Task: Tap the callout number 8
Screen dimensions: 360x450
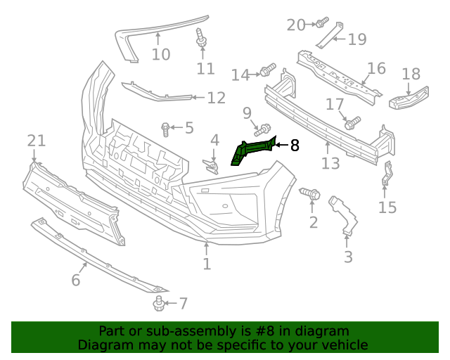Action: (x=295, y=146)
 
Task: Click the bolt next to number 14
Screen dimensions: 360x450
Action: (x=268, y=70)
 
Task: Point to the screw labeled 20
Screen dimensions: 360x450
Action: (x=322, y=23)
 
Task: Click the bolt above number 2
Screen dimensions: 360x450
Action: (x=311, y=192)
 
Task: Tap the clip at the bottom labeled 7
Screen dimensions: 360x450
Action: (x=159, y=304)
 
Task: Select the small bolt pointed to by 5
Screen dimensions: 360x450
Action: (x=166, y=128)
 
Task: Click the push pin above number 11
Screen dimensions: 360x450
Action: (x=202, y=39)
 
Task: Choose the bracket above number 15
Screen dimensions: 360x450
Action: (x=387, y=174)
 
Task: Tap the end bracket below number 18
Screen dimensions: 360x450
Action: (x=409, y=99)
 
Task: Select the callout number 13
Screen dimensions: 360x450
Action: (x=330, y=164)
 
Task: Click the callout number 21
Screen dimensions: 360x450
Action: (x=37, y=141)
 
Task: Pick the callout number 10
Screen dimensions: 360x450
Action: (x=161, y=54)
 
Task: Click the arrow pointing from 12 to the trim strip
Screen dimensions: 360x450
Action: (x=198, y=98)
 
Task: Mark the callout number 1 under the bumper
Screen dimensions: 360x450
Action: (x=207, y=264)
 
